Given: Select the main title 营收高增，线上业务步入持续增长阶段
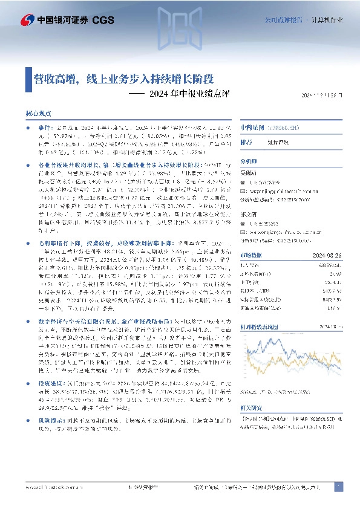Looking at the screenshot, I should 123,79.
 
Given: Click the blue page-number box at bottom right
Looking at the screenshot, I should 338,485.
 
